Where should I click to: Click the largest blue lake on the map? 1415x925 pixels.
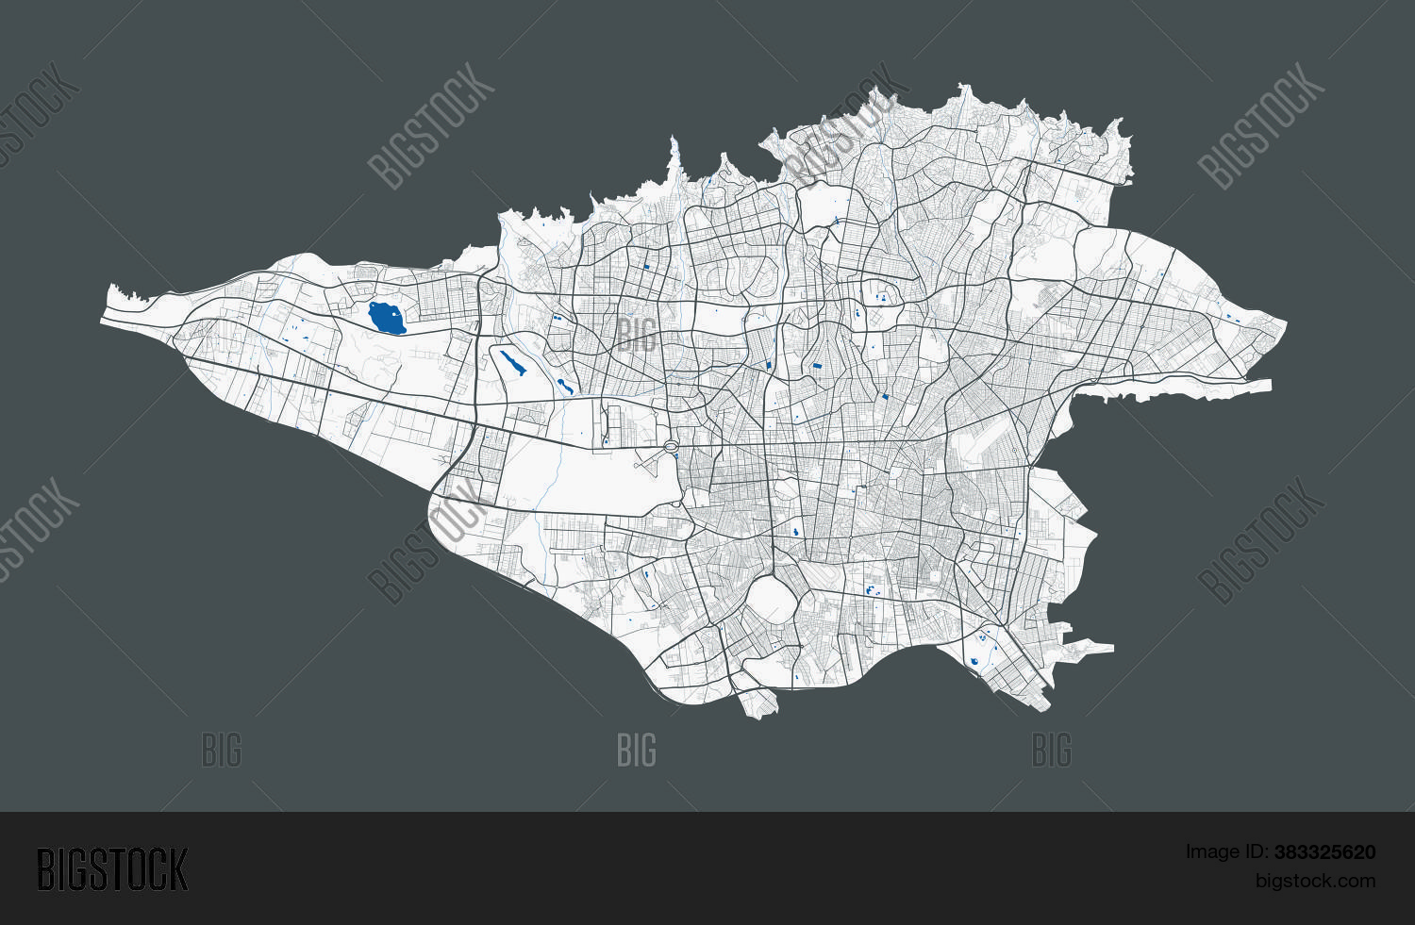click(386, 318)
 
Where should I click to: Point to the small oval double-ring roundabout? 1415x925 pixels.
click(671, 446)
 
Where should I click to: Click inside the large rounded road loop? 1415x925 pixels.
click(771, 601)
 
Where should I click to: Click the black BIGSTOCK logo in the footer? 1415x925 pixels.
click(112, 868)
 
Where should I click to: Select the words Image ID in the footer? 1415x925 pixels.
click(1226, 852)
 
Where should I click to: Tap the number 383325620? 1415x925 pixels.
click(1324, 852)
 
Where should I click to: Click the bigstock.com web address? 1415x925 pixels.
click(1314, 881)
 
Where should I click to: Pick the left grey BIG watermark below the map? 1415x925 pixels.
click(222, 752)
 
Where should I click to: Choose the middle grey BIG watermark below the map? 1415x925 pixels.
click(637, 752)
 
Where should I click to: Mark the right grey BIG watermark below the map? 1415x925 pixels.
click(1052, 752)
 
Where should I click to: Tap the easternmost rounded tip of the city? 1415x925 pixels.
click(1283, 326)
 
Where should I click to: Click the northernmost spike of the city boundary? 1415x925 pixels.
click(963, 88)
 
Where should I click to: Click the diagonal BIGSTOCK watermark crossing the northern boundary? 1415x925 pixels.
click(844, 127)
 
